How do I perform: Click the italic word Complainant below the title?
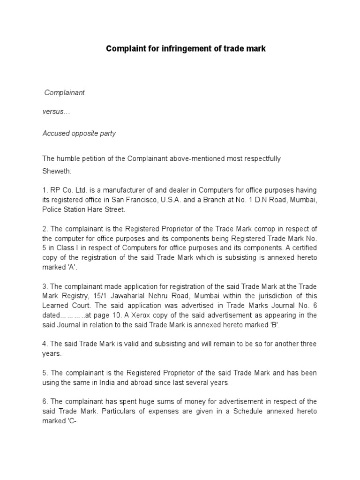[x=64, y=92]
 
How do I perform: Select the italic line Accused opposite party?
[x=79, y=134]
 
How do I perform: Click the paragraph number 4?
[x=45, y=344]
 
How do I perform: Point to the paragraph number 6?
[x=45, y=401]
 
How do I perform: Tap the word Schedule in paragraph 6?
[x=239, y=411]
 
